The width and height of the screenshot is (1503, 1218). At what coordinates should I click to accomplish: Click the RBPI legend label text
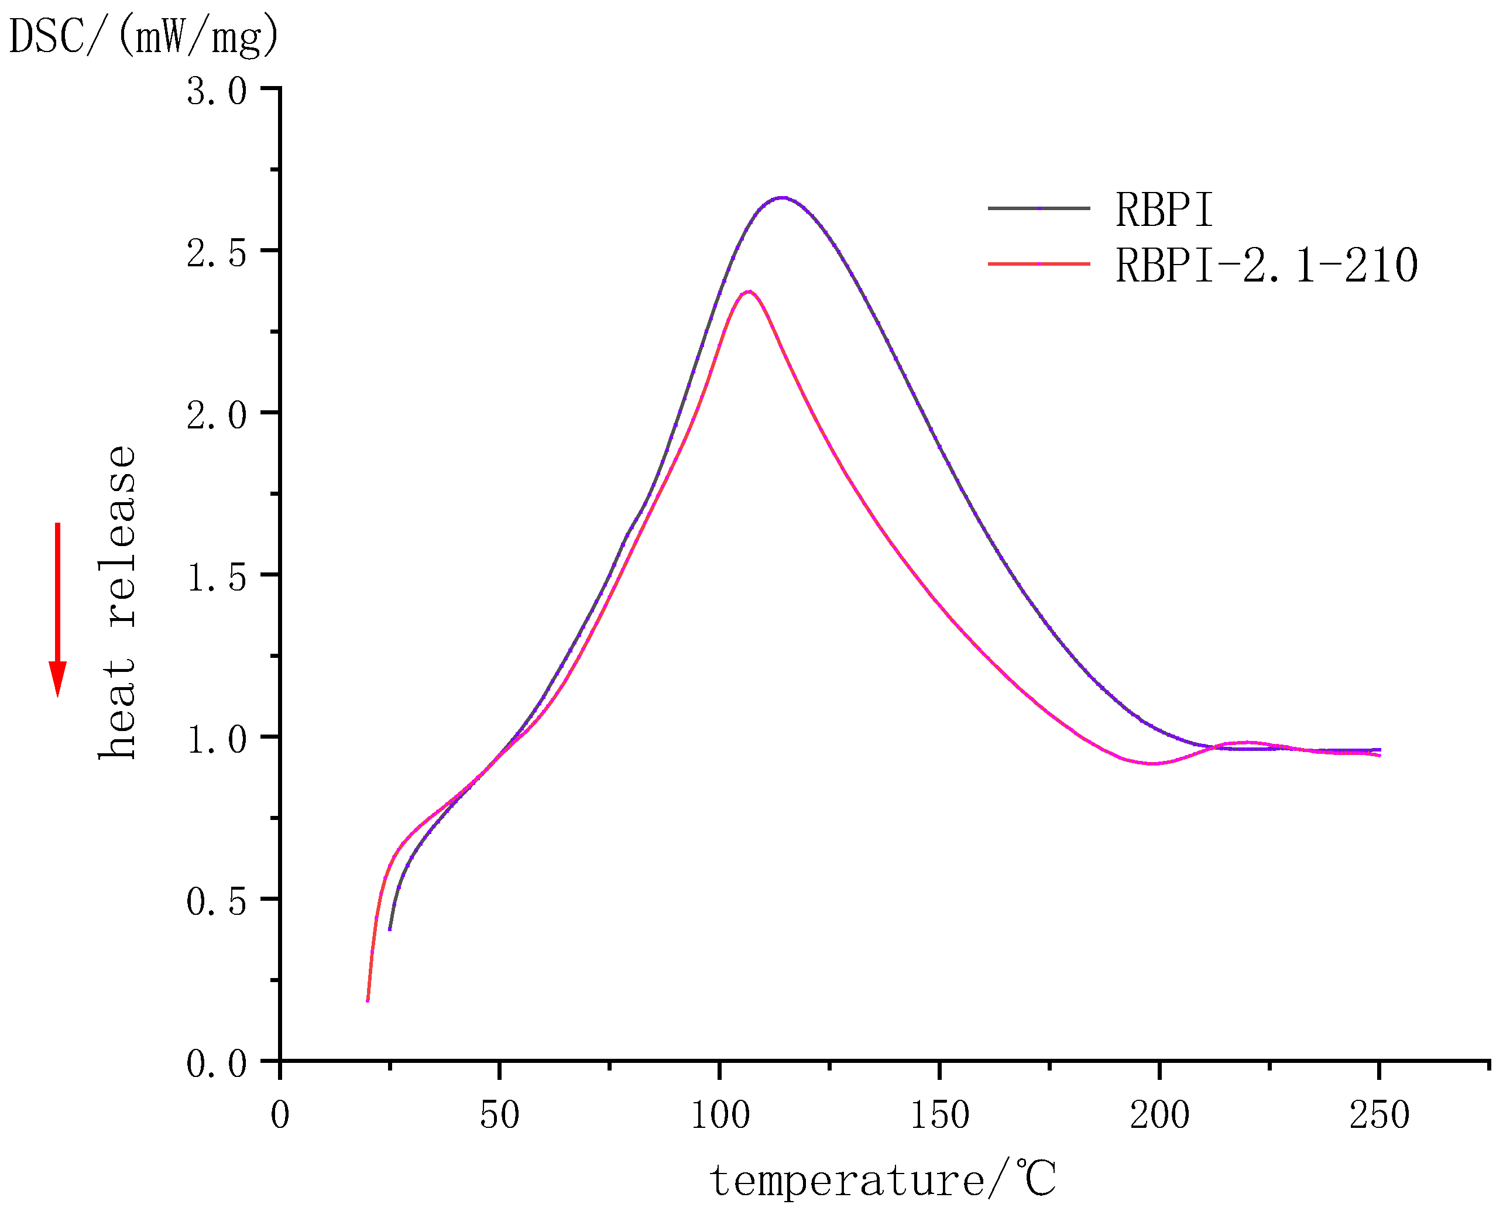tap(1164, 209)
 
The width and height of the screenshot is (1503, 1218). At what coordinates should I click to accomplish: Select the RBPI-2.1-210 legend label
tap(1266, 265)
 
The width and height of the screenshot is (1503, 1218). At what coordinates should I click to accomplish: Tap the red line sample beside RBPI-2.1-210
tap(1038, 264)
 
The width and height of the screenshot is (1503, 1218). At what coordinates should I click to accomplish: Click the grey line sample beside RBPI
tap(1038, 208)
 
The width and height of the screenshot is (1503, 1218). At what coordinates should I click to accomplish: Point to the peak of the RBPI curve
tap(782, 198)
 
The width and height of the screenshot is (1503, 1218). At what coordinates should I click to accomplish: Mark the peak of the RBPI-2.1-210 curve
tap(749, 291)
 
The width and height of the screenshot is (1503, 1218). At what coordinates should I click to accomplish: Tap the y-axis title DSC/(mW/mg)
tap(144, 36)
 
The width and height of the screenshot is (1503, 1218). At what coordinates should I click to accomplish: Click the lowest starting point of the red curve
tap(368, 1000)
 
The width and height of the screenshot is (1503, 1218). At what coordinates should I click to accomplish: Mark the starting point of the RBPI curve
tap(389, 929)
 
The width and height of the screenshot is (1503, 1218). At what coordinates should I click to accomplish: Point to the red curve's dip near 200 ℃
tap(1152, 763)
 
